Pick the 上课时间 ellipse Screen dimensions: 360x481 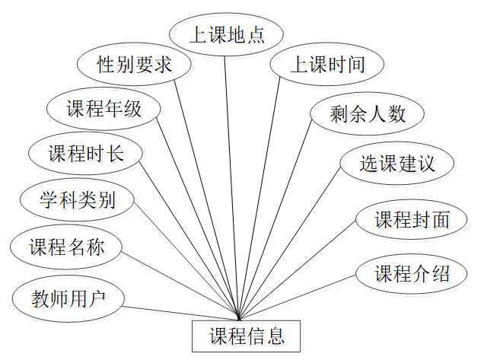327,65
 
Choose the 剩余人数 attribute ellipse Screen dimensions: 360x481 368,114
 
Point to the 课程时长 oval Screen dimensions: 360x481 85,154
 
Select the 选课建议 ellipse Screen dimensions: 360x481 397,164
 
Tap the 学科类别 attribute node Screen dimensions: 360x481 78,200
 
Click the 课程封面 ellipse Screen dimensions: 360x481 412,220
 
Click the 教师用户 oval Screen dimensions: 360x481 66,298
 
